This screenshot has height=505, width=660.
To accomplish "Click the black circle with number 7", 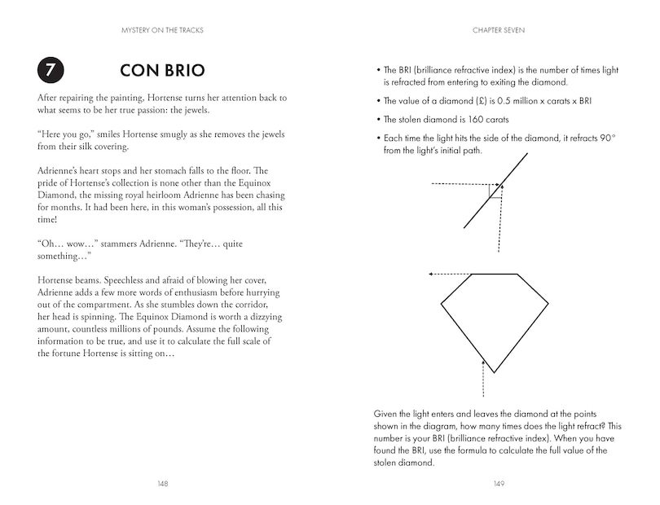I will click(x=48, y=70).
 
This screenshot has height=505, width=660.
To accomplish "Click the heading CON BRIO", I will click(x=161, y=70).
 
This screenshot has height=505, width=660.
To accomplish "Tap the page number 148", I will click(x=162, y=483).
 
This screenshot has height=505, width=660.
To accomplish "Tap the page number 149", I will click(x=499, y=483).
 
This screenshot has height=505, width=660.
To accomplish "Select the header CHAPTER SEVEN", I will click(x=499, y=31).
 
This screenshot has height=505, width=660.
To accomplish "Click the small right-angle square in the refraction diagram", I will click(x=494, y=191).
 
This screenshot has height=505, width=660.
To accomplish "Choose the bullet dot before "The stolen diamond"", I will click(x=376, y=119).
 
